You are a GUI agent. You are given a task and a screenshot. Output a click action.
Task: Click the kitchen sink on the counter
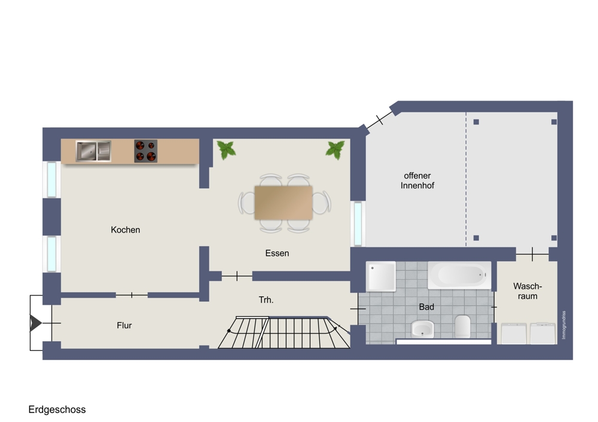click(x=93, y=151)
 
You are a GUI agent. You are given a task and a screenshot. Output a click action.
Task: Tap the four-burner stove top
click(x=146, y=151)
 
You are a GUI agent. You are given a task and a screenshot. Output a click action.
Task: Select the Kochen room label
click(x=126, y=230)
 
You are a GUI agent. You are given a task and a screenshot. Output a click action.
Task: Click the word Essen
click(x=277, y=253)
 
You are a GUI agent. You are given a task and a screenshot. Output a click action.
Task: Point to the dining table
click(x=283, y=203)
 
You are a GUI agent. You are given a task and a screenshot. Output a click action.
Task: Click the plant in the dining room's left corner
click(x=226, y=150)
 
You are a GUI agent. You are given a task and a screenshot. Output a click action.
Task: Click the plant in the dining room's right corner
click(x=335, y=150)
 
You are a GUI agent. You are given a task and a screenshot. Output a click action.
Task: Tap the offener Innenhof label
click(x=417, y=181)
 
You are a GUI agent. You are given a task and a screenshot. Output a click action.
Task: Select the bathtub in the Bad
click(x=459, y=275)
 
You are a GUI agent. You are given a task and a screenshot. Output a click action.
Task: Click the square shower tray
click(x=380, y=276)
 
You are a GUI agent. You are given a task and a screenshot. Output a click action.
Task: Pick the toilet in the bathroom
click(x=463, y=327)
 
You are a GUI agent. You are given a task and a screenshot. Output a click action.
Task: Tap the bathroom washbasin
click(x=423, y=329)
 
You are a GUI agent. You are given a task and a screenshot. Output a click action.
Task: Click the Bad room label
click(x=426, y=307)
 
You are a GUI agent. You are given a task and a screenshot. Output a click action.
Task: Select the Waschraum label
click(x=527, y=291)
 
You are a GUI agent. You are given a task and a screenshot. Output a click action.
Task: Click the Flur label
click(x=124, y=326)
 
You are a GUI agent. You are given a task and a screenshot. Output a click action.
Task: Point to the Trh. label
click(x=266, y=300)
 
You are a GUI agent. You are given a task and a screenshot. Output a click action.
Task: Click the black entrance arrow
click(x=35, y=323)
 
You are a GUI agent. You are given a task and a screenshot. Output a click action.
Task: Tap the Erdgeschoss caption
click(x=57, y=410)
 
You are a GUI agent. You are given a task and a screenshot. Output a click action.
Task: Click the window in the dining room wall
click(x=358, y=224)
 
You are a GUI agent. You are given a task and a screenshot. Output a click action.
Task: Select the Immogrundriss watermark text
click(x=564, y=325)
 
